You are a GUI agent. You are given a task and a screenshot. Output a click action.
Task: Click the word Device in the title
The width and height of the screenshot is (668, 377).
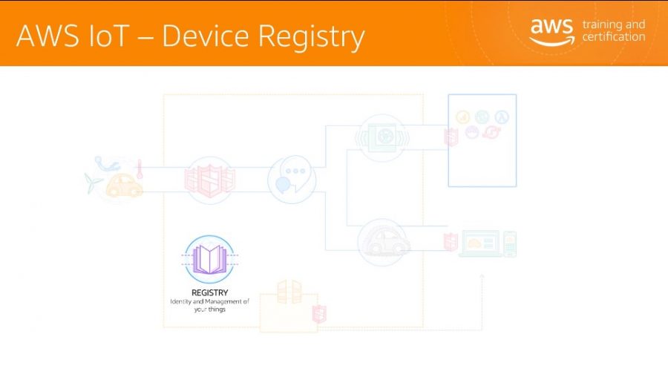tap(206, 36)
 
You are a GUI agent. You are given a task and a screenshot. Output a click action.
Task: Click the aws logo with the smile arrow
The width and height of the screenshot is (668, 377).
tap(552, 32)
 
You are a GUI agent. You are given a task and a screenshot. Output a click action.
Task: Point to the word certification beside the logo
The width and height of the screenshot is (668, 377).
tap(614, 37)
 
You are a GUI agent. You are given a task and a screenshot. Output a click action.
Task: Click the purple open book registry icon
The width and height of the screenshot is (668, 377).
tap(209, 259)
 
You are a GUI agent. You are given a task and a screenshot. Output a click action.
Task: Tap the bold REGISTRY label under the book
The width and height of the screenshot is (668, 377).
tap(209, 292)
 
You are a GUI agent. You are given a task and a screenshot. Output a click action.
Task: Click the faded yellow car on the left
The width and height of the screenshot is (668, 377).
tap(124, 186)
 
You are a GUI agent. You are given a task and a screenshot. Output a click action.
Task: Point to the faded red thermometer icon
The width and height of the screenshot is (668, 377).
tap(140, 169)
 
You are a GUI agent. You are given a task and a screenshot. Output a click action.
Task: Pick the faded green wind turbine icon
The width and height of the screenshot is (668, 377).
tap(92, 183)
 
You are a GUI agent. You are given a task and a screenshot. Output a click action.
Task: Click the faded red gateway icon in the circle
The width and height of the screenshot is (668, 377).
tap(209, 180)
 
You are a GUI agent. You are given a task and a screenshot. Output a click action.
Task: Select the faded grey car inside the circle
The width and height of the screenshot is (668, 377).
tap(384, 243)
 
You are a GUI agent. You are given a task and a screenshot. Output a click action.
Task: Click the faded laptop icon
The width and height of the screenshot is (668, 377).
tap(479, 243)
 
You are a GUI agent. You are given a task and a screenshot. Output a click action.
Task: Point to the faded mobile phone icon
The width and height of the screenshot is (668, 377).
tap(510, 244)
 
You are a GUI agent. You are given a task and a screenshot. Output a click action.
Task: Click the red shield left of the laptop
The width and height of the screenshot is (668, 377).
tap(451, 243)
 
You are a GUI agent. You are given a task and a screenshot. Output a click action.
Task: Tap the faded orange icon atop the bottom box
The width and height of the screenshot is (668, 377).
tap(289, 292)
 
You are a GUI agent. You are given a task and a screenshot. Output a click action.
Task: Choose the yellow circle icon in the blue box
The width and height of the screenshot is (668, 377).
tap(462, 117)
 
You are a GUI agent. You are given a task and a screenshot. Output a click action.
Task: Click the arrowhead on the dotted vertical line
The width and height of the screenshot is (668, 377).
tap(482, 277)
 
